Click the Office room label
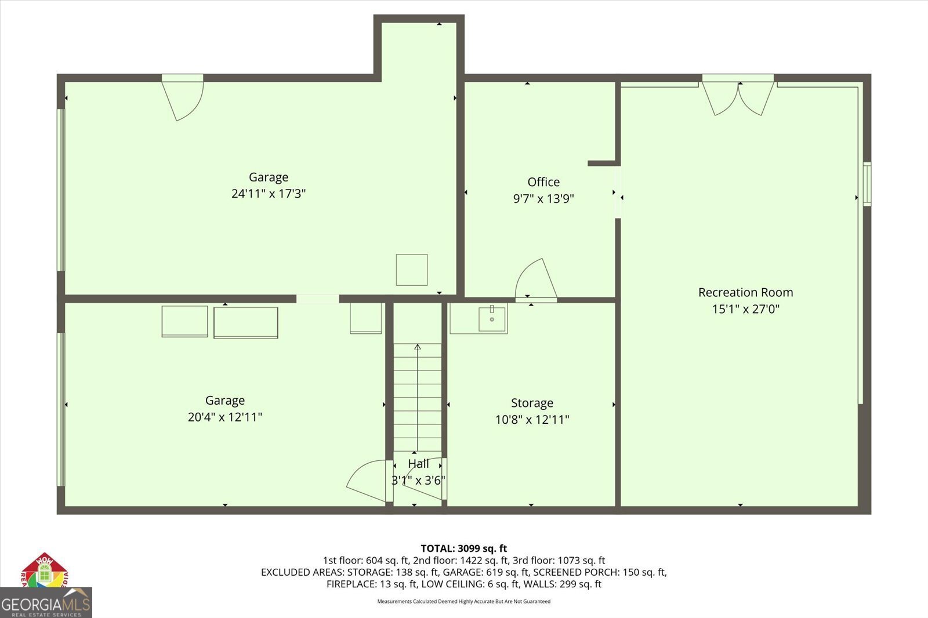pyautogui.click(x=543, y=182)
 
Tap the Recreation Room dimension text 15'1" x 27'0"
pyautogui.click(x=745, y=309)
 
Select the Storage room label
pyautogui.click(x=532, y=403)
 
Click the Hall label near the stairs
pyautogui.click(x=418, y=464)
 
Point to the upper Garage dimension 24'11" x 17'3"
pyautogui.click(x=268, y=194)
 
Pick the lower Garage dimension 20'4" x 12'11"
pyautogui.click(x=225, y=417)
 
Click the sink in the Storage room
pyautogui.click(x=492, y=319)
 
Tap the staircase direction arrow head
pyautogui.click(x=418, y=347)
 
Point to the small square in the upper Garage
pyautogui.click(x=412, y=270)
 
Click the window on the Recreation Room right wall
pyautogui.click(x=867, y=184)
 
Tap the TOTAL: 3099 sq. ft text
pyautogui.click(x=463, y=548)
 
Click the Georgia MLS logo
pyautogui.click(x=45, y=603)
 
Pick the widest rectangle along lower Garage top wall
pyautogui.click(x=245, y=322)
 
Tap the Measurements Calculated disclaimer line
pyautogui.click(x=463, y=601)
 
